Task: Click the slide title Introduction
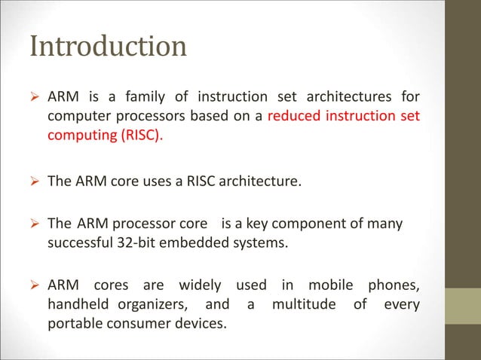(108, 47)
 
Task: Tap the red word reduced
(302, 117)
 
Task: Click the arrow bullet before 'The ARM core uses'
(35, 181)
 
